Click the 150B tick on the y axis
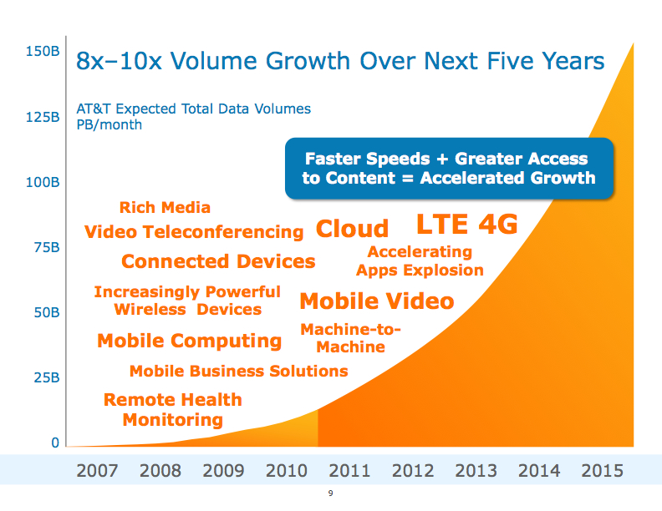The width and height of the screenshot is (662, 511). [42, 52]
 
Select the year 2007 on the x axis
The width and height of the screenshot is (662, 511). [97, 471]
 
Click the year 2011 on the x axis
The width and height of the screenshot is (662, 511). [349, 471]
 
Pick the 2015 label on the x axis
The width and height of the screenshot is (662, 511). [602, 471]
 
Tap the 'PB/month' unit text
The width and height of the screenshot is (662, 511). [109, 125]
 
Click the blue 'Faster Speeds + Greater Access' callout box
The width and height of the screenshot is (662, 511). [449, 168]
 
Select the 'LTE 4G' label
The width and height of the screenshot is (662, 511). [467, 225]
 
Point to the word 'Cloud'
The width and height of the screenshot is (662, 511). [352, 229]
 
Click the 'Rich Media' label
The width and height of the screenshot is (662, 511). [165, 207]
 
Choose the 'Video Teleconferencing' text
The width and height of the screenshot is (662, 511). [194, 231]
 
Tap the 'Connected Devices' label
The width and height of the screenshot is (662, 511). [218, 261]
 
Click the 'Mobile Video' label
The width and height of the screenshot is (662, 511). [376, 301]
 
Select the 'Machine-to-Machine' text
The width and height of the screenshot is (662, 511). [351, 337]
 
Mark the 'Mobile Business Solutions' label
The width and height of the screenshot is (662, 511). [238, 371]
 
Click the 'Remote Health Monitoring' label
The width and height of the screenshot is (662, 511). [173, 409]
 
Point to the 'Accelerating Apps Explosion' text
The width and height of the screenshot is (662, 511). [420, 261]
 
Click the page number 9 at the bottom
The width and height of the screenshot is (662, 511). [331, 494]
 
